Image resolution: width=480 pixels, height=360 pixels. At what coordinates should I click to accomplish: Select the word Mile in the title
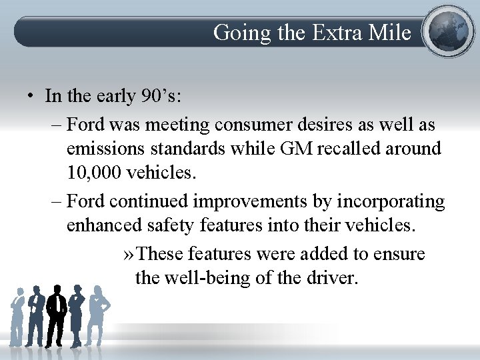tap(390, 32)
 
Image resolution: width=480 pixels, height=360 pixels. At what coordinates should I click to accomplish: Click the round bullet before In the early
tap(31, 96)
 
